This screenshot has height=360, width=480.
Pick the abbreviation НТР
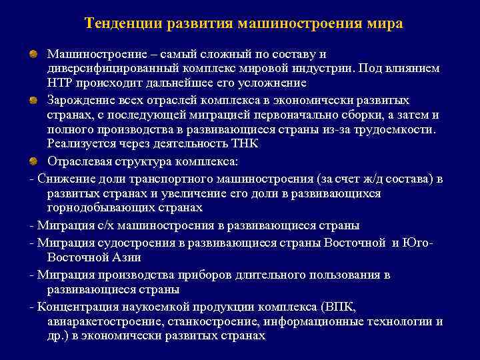[61, 83]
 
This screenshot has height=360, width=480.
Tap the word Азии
[127, 257]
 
